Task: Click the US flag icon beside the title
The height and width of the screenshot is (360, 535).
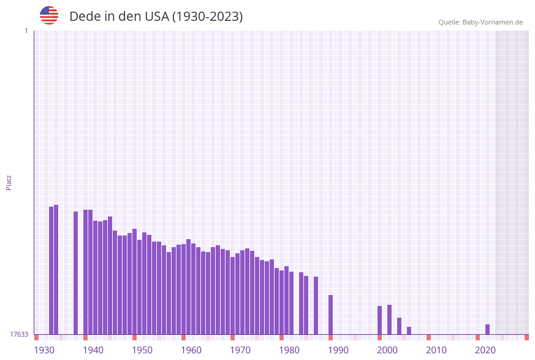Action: (49, 15)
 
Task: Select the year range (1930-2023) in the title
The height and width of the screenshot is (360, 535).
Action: (207, 17)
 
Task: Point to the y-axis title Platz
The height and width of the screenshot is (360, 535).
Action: (9, 182)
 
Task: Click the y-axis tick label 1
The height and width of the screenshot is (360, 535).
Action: (26, 31)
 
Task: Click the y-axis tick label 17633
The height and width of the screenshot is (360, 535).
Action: (19, 334)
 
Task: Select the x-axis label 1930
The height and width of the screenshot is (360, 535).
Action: (44, 350)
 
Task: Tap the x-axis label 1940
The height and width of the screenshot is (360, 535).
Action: (93, 350)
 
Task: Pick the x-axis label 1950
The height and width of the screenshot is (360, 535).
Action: (142, 350)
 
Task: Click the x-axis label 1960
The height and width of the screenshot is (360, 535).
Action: (191, 350)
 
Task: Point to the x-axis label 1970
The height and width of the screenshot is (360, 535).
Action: (240, 350)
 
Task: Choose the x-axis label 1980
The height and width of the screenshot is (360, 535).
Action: (289, 350)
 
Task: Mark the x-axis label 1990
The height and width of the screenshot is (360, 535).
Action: (338, 350)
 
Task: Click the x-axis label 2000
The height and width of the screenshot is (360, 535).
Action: (387, 350)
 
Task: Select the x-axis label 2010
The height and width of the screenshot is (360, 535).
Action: (436, 350)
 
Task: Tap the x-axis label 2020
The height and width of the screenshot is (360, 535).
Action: (485, 350)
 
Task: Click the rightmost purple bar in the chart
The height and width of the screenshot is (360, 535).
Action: (487, 329)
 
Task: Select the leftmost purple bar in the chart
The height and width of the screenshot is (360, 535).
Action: (51, 270)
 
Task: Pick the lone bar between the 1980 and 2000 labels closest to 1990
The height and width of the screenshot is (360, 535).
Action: (330, 315)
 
